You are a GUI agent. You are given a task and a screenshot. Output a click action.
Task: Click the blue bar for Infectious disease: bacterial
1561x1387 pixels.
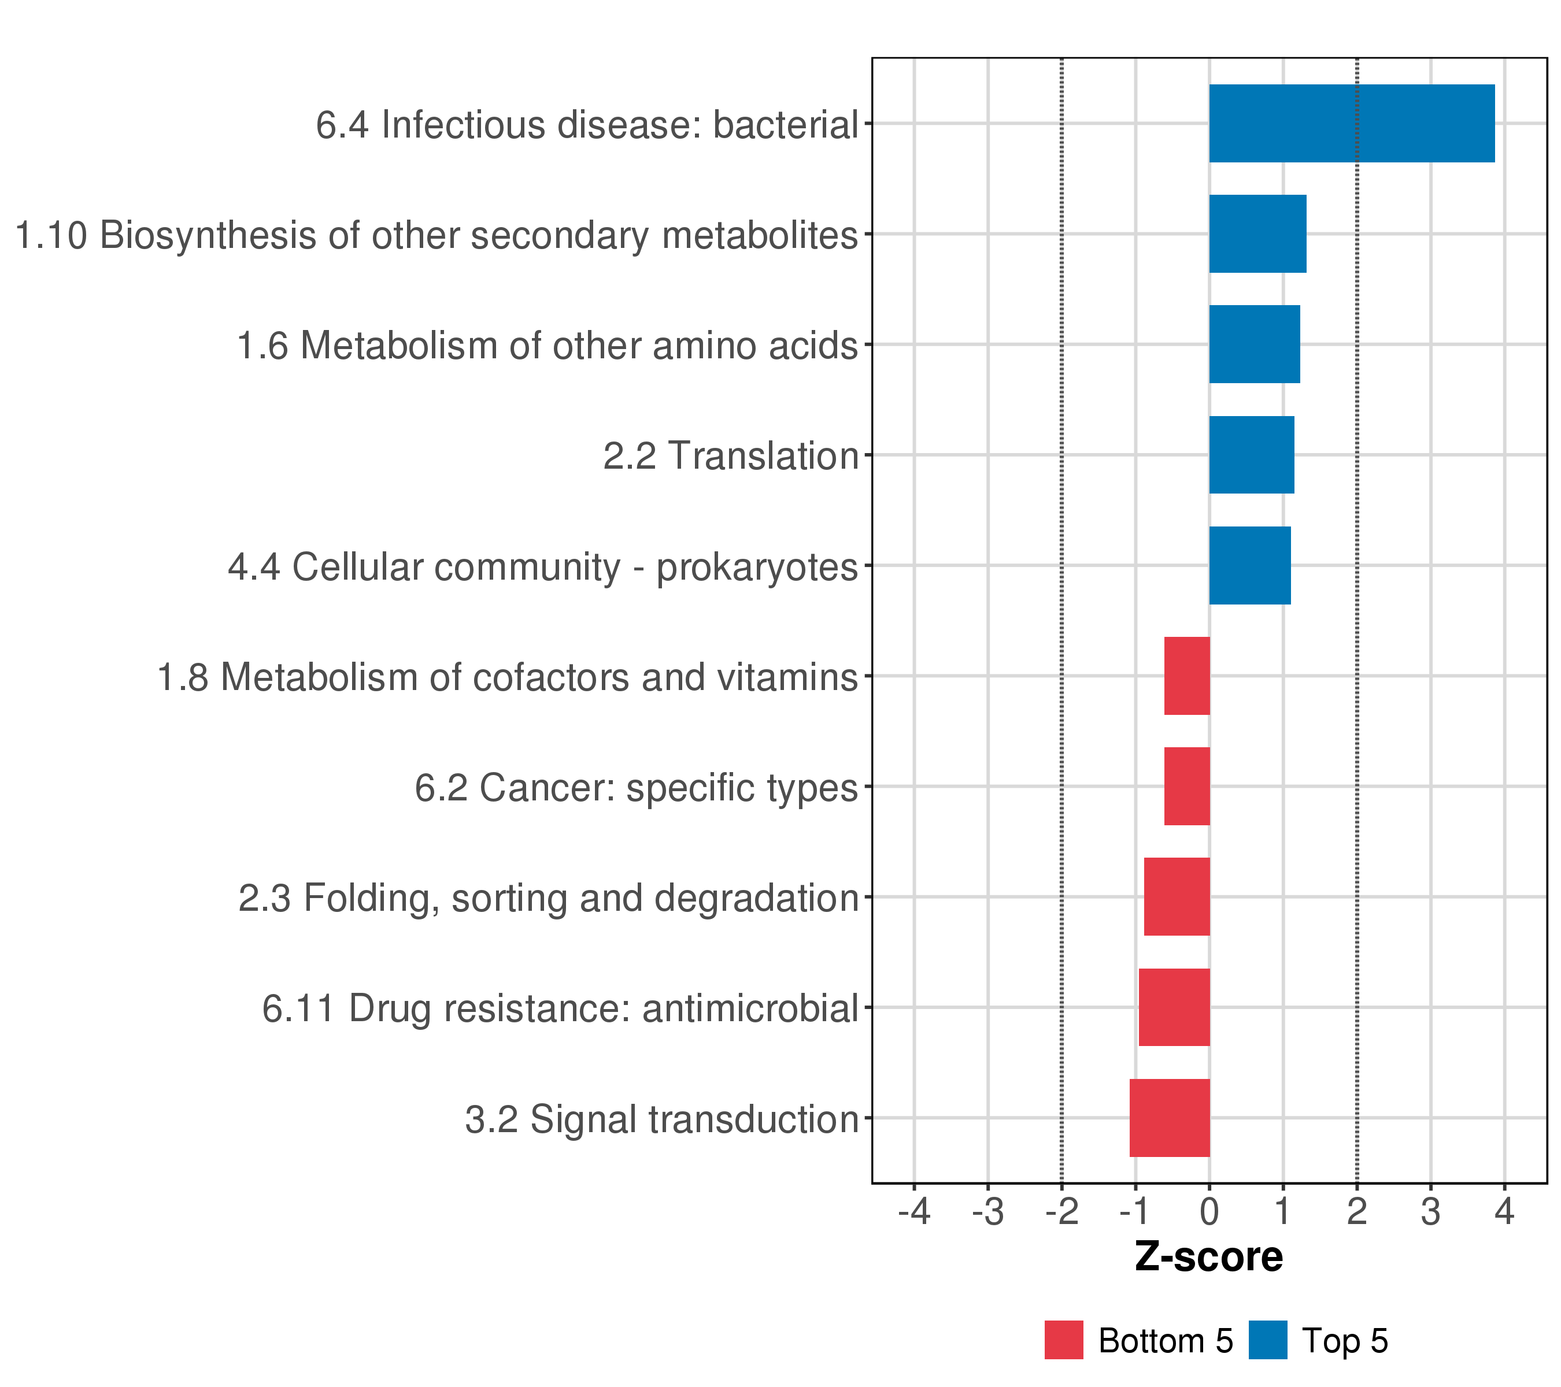(x=1351, y=123)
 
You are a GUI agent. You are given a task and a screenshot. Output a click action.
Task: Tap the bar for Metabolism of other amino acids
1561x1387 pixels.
(x=1254, y=344)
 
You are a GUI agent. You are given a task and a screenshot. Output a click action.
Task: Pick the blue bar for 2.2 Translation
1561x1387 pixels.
(x=1251, y=455)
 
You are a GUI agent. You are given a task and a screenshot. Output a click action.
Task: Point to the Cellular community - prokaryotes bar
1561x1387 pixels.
(x=1249, y=566)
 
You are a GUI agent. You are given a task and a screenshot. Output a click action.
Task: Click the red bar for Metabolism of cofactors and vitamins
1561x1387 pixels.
(x=1187, y=676)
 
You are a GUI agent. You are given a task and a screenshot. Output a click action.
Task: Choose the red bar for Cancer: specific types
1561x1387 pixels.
(x=1187, y=786)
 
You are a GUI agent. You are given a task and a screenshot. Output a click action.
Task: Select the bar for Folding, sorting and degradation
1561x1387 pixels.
(x=1177, y=897)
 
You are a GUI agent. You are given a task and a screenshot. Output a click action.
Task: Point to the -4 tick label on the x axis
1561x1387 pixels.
(x=913, y=1212)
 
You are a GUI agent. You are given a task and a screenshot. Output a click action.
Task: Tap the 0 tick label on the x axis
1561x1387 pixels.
(x=1209, y=1212)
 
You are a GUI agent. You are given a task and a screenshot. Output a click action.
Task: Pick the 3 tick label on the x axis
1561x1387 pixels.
(x=1430, y=1212)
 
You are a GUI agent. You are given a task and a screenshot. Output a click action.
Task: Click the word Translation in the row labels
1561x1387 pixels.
(x=764, y=457)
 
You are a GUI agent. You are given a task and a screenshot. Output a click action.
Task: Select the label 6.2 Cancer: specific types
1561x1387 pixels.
(x=636, y=788)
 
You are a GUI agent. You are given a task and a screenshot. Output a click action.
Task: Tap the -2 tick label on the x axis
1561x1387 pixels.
(x=1061, y=1212)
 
